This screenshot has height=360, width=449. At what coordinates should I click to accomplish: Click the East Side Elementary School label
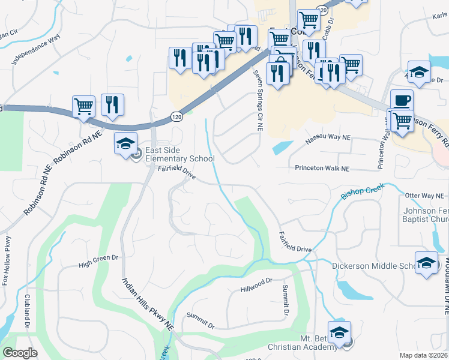(x=179, y=155)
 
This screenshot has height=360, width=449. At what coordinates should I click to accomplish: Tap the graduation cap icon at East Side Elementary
(x=126, y=143)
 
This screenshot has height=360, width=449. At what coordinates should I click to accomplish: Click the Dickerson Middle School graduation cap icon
(x=427, y=263)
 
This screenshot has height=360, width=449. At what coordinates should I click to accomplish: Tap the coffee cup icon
(x=402, y=100)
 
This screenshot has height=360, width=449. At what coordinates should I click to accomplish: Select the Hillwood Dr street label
(x=256, y=284)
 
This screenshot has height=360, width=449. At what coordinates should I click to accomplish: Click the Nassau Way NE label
(x=328, y=138)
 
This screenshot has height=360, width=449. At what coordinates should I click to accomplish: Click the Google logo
(x=20, y=353)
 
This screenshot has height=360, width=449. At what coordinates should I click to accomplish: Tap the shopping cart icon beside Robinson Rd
(x=83, y=106)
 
